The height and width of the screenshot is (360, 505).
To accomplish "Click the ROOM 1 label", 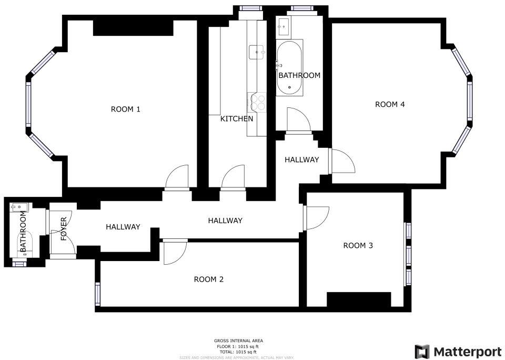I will (126, 109).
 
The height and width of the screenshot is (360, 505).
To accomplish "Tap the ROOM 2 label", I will (209, 279).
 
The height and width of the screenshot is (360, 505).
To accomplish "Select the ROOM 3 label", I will (358, 245).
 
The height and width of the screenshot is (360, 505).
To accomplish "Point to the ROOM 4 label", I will (390, 104).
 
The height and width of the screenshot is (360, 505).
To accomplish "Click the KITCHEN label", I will (236, 119).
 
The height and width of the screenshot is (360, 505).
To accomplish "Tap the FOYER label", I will (64, 229).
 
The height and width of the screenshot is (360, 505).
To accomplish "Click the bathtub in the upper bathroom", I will (289, 67).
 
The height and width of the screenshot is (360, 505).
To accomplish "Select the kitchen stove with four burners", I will (258, 102).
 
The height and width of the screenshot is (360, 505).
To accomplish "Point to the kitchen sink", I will (258, 52).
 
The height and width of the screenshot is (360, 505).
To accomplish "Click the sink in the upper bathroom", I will (285, 24).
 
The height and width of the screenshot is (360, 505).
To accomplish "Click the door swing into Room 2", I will (174, 252).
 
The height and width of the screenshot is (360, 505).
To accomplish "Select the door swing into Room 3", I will (316, 217).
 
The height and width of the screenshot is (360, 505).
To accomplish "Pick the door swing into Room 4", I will (342, 161).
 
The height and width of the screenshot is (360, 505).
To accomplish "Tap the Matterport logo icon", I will (422, 352).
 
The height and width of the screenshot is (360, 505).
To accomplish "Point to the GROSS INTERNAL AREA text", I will (236, 341).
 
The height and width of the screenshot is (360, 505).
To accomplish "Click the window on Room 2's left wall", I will (97, 294).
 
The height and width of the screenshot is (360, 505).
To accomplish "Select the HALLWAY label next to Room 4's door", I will (301, 159).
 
